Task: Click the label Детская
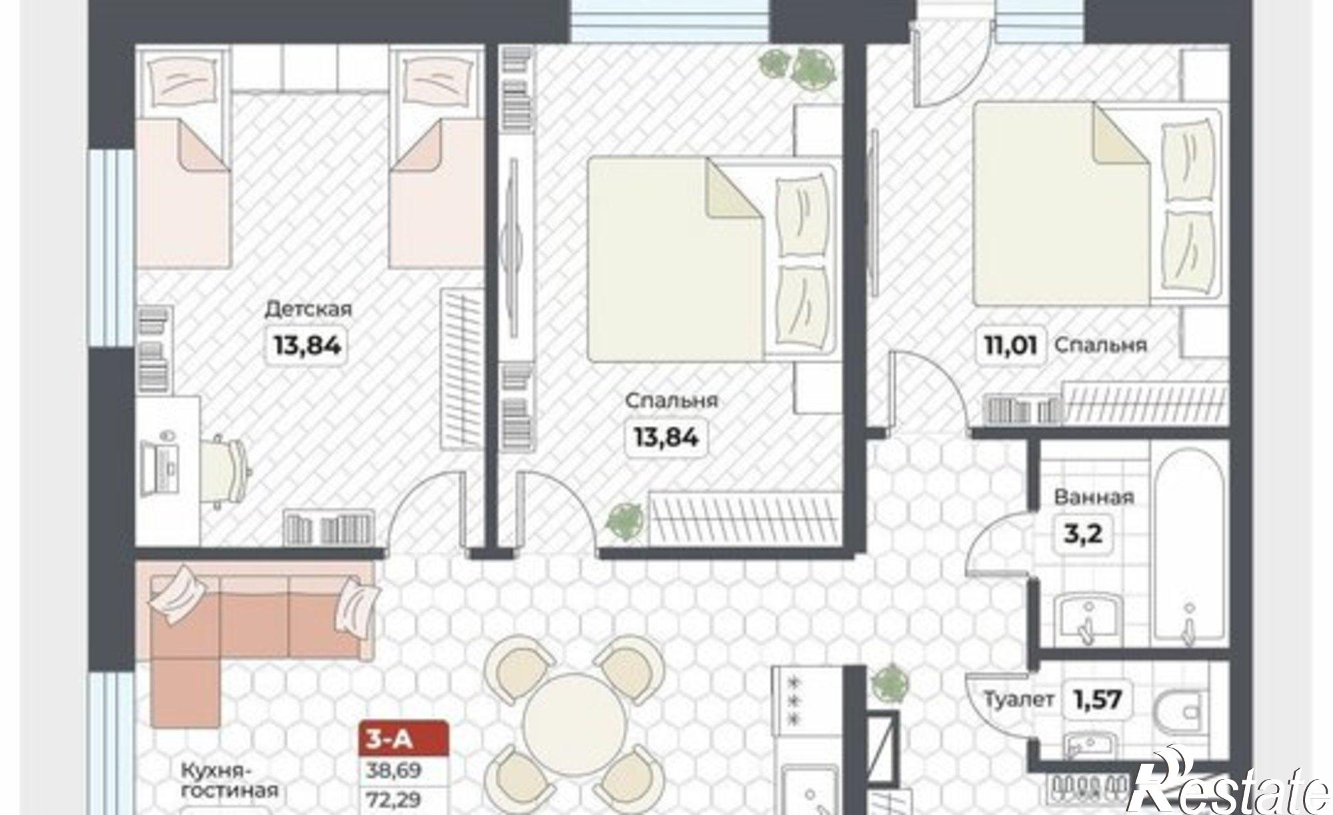click(x=308, y=310)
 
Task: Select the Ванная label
click(x=1094, y=497)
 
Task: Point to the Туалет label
click(x=1020, y=700)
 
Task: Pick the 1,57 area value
click(x=1097, y=700)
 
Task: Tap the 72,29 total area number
click(x=394, y=800)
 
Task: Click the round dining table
click(x=575, y=724)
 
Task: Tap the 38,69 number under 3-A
click(x=394, y=771)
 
